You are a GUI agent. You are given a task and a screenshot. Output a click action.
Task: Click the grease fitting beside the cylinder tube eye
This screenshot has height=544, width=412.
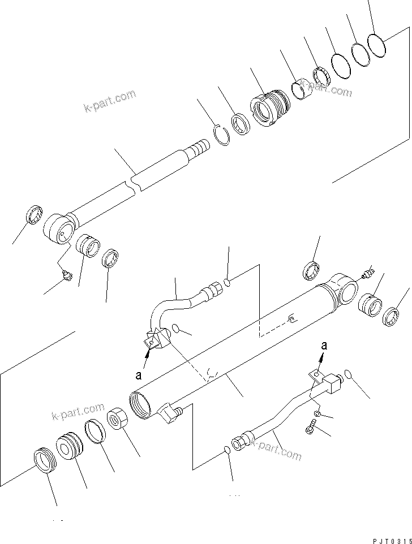tap(366, 274)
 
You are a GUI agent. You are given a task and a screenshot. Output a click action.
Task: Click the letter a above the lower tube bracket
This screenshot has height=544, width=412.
tap(324, 344)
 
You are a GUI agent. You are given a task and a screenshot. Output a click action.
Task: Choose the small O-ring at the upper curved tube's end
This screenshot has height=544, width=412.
tap(228, 282)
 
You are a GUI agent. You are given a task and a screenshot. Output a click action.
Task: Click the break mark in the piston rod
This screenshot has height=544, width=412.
tap(134, 184)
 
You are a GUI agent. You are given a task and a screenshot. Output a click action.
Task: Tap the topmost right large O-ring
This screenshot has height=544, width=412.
tap(376, 45)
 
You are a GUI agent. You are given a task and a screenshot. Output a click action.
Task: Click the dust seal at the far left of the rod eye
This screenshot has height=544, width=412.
tap(35, 215)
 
